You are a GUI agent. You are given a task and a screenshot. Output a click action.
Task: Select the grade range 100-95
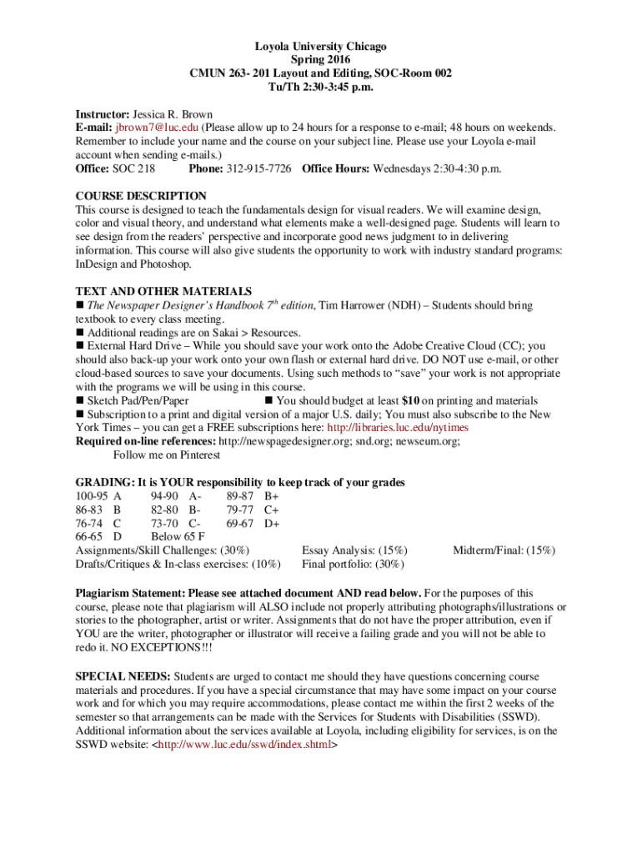click(x=92, y=495)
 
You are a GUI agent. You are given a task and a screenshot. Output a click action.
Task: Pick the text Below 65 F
click(x=178, y=536)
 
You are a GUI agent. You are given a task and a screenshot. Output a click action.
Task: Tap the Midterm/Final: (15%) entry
click(x=504, y=550)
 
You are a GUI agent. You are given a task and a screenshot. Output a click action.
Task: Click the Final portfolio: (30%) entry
click(x=354, y=564)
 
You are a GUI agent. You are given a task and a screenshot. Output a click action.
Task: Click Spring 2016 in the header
click(x=321, y=60)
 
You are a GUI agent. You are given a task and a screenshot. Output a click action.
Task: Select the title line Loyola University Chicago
click(x=321, y=47)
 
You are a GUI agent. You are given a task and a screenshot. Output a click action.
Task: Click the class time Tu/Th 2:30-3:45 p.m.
click(x=321, y=87)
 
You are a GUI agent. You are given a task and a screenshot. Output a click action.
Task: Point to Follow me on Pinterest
click(x=167, y=455)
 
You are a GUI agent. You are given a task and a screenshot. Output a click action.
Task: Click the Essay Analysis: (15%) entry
click(x=355, y=550)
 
